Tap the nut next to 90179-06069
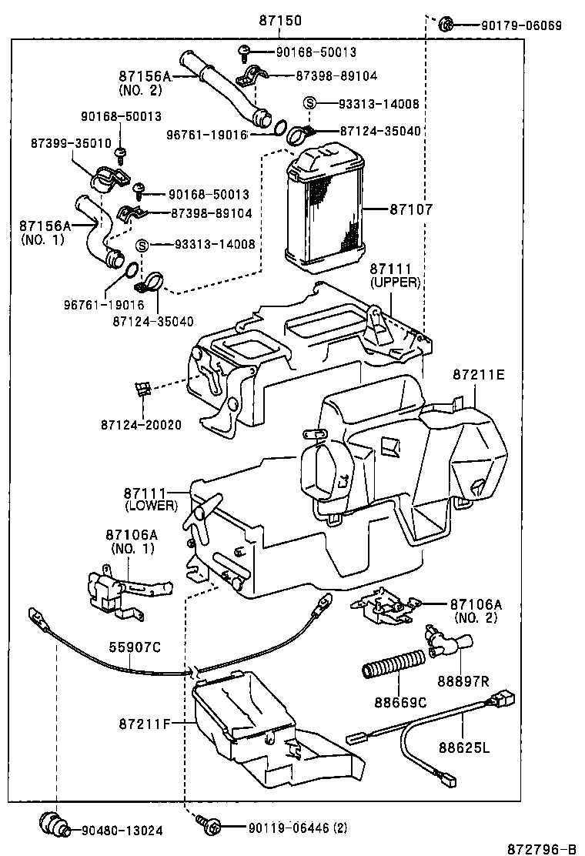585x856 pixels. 446,25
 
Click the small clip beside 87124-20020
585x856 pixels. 141,389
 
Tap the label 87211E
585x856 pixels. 478,375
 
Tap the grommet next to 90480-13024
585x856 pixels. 54,822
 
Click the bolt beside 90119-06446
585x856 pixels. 209,826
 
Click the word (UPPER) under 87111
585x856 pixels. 395,283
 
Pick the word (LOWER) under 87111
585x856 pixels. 151,506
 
